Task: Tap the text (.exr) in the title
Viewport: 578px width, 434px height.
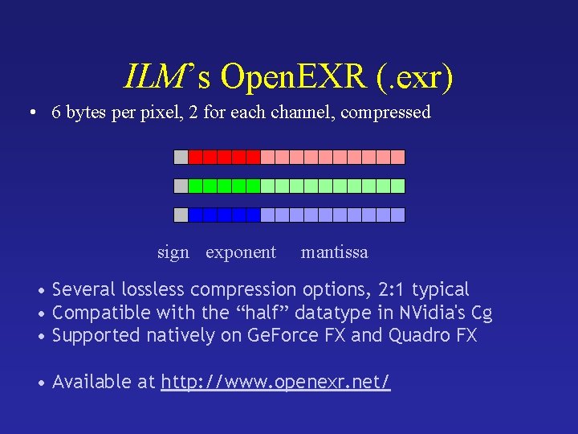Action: tap(414, 76)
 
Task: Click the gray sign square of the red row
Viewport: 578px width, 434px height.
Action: tap(181, 157)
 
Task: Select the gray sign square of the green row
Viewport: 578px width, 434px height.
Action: tap(181, 186)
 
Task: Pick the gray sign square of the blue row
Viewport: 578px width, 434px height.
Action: tap(181, 215)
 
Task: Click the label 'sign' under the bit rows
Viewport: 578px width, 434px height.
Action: tap(173, 252)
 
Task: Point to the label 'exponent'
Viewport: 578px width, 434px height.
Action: tap(241, 252)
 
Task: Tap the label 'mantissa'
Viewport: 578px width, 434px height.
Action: tap(335, 252)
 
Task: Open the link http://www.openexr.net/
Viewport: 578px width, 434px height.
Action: tap(276, 382)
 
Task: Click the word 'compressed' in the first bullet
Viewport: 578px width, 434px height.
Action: tap(386, 113)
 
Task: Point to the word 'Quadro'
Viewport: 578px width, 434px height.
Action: tap(420, 335)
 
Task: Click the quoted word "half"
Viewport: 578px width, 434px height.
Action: tap(258, 313)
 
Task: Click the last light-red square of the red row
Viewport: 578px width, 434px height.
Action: tap(398, 157)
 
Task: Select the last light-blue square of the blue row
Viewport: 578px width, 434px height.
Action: tap(398, 215)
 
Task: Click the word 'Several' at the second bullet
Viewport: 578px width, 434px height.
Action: tap(83, 289)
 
